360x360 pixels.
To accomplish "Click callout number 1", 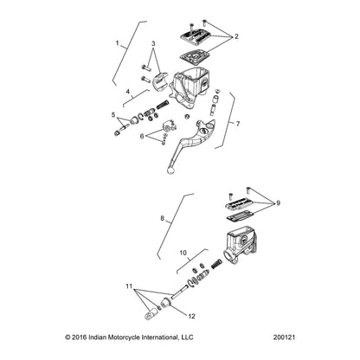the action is point(118,43).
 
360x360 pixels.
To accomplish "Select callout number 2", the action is point(236,36).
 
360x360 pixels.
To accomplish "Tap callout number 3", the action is point(153,43).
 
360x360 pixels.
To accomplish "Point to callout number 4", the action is point(128,92).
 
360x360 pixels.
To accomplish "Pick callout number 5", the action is point(113,115).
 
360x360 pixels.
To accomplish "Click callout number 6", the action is point(142,136).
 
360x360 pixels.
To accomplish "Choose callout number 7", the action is point(238,124).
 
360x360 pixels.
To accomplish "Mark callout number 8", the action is point(163,218).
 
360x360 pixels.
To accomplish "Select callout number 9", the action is point(278,203).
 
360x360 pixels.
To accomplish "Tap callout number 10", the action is point(183,253).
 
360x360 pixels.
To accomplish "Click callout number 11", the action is point(129,286).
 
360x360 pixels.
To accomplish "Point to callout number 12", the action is point(191,316).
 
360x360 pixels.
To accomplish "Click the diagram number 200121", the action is point(284,337).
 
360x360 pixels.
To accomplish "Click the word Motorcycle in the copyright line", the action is point(124,337).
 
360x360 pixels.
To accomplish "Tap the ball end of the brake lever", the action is point(170,170).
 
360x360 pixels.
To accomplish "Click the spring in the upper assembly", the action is point(163,104).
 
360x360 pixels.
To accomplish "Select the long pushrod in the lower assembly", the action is point(180,291).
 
